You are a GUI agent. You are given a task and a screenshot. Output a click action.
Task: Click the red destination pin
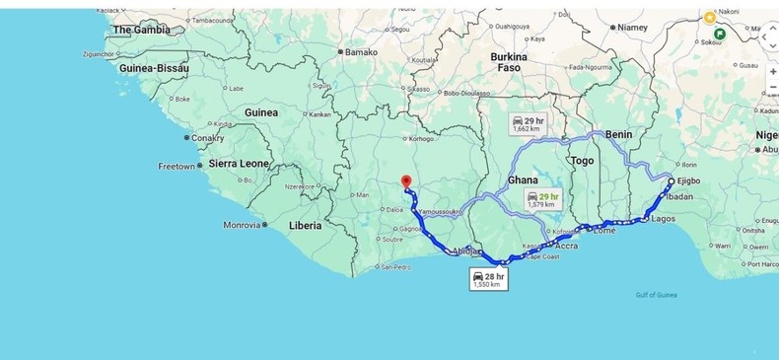(x=405, y=181)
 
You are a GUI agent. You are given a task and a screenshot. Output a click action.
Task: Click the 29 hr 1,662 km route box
(x=526, y=124)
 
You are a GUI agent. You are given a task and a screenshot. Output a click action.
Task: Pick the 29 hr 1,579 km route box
(x=543, y=200)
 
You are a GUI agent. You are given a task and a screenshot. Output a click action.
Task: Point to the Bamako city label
(x=361, y=51)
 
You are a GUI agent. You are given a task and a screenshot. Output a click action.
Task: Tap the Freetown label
(x=177, y=167)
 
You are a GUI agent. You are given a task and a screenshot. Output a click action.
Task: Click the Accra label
(x=566, y=246)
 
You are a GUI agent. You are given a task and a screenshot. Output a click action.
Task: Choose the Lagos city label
(x=664, y=219)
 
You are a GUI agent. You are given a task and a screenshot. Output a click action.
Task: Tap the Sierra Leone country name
(x=239, y=163)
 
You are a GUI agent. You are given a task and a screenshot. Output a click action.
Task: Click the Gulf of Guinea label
(x=657, y=295)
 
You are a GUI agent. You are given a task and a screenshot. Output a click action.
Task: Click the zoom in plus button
(x=772, y=72)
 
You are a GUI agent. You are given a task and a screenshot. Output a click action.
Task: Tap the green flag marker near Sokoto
(x=720, y=34)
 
